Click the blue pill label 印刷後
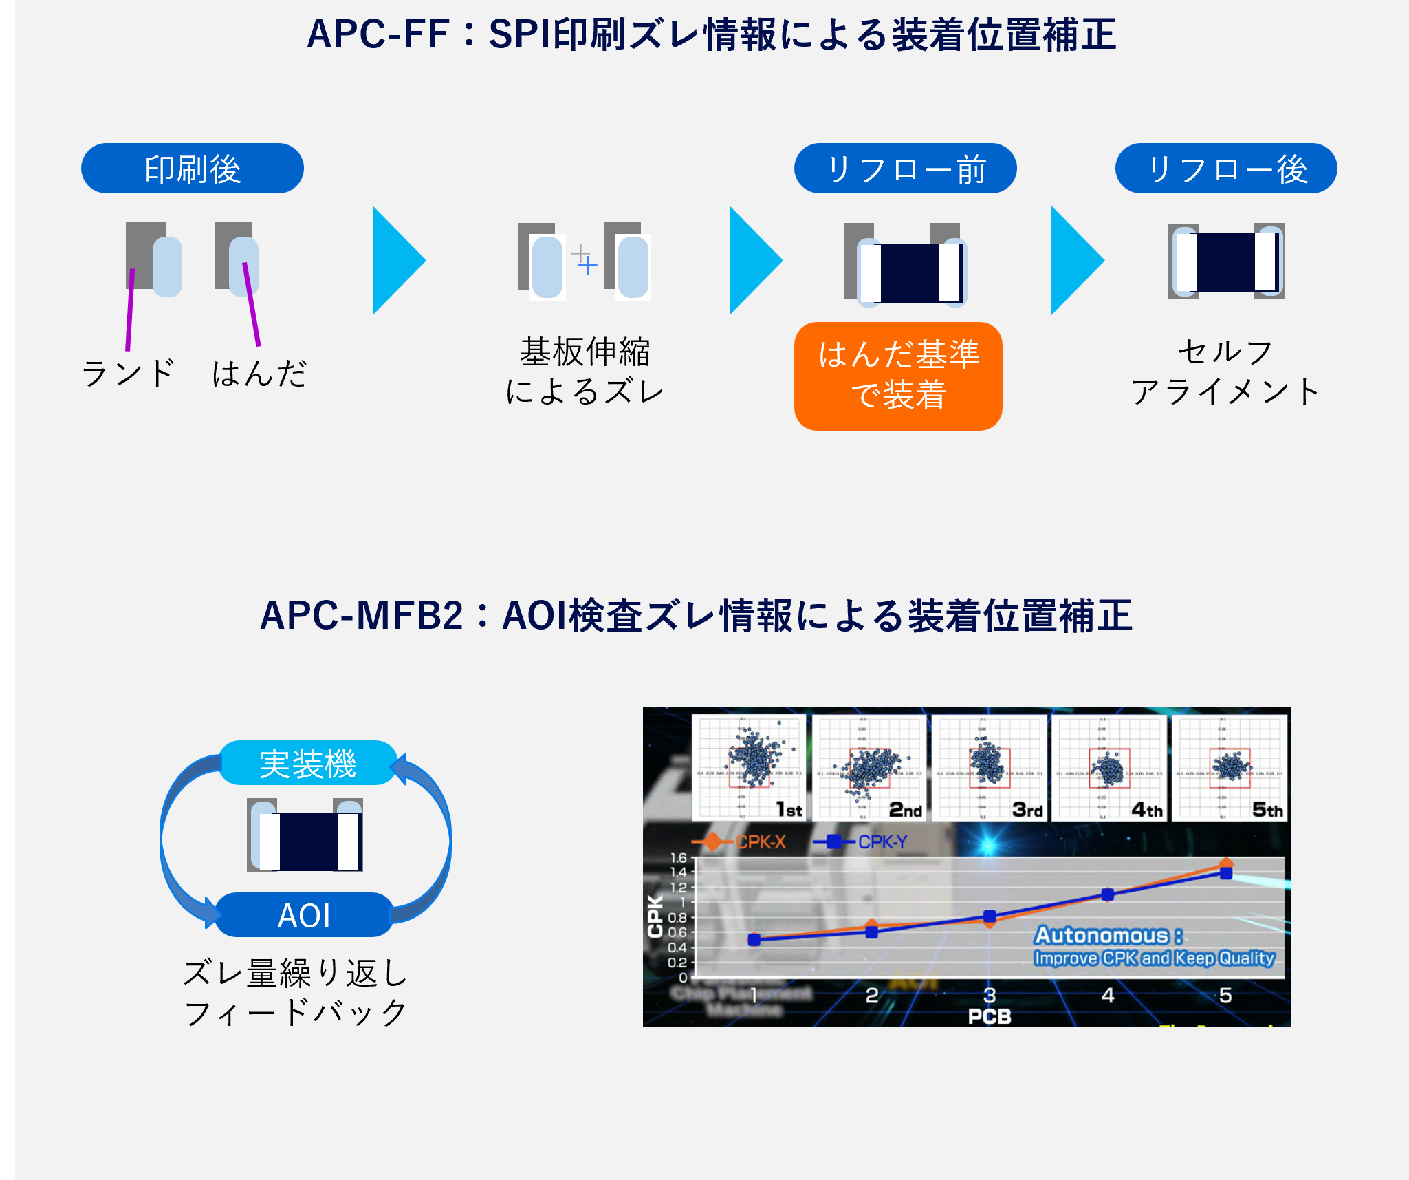[x=192, y=169]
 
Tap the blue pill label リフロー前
[x=905, y=169]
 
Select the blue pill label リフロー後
[x=1226, y=169]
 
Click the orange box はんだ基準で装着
[x=898, y=376]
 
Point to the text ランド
[x=128, y=374]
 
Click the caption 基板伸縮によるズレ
[x=585, y=372]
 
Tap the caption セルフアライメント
[x=1225, y=372]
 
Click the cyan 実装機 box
[x=307, y=763]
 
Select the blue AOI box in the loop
[x=304, y=915]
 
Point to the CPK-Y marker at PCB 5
[x=1226, y=873]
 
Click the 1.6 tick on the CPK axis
[x=678, y=858]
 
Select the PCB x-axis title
[x=990, y=1016]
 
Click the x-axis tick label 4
[x=1108, y=995]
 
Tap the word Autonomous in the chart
[x=1102, y=935]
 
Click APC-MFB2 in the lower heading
[x=362, y=615]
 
